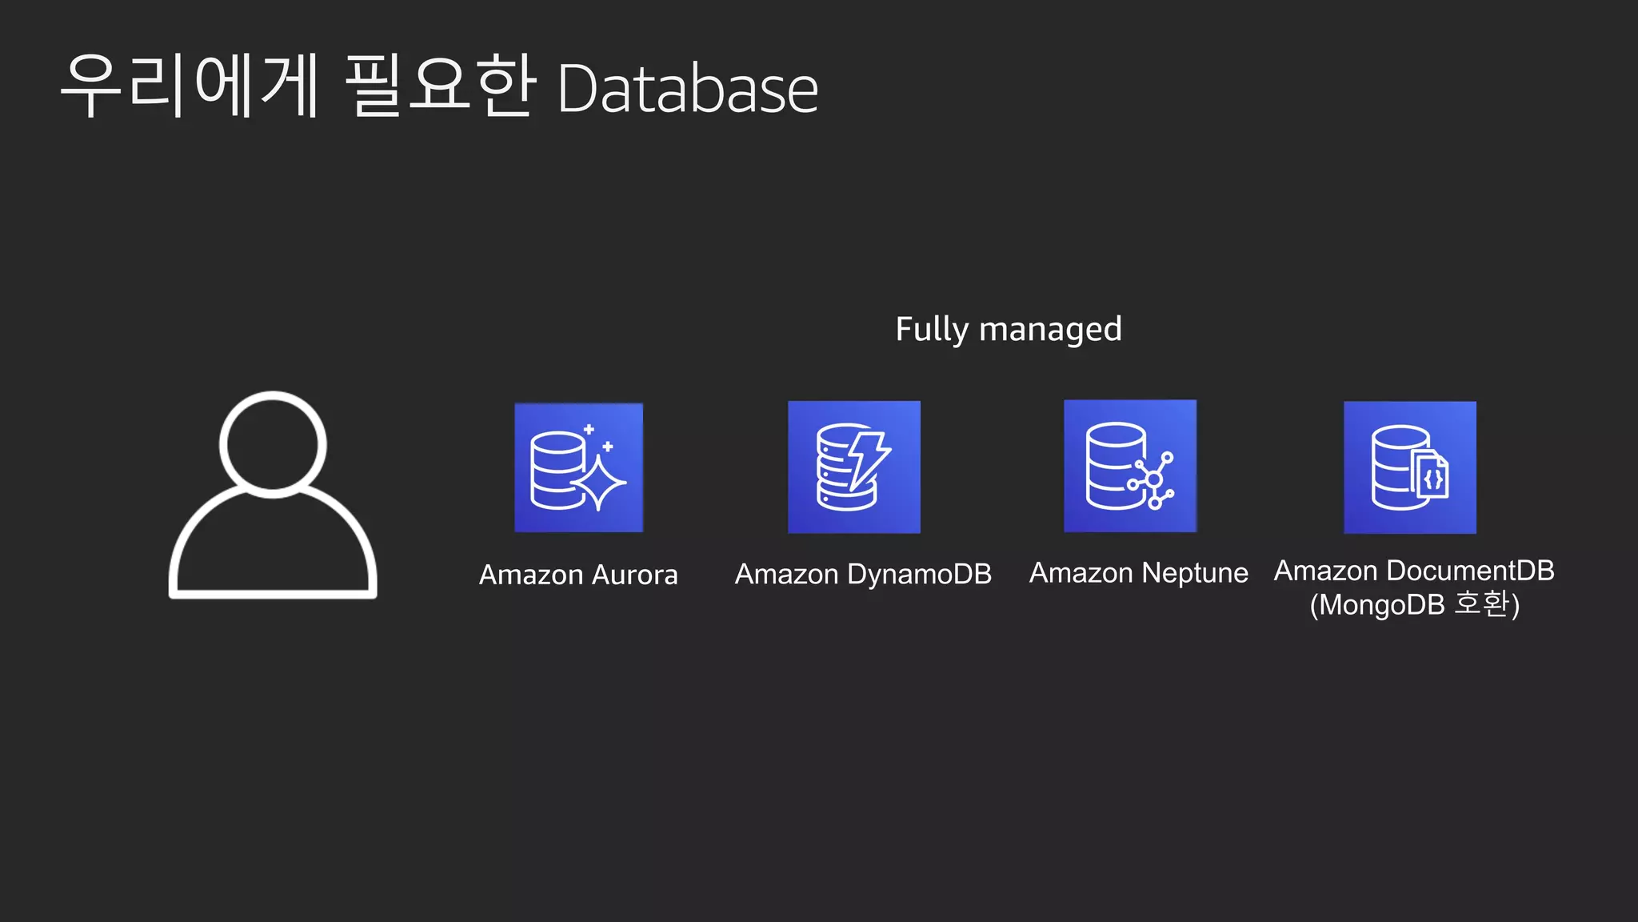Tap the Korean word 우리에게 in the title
coord(190,86)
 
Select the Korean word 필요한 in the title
coord(440,86)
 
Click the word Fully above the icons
coord(931,330)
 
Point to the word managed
coord(1050,330)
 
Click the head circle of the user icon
coord(273,444)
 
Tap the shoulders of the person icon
coord(273,552)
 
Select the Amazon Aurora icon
coord(578,467)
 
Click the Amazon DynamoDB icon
coord(853,467)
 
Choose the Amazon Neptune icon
coord(1130,466)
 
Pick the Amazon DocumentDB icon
coord(1409,467)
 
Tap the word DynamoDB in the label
coord(919,574)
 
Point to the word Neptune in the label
coord(1194,573)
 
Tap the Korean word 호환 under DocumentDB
coord(1480,603)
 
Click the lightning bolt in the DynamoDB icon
coord(867,459)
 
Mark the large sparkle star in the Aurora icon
coord(598,483)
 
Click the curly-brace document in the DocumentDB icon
coord(1432,479)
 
